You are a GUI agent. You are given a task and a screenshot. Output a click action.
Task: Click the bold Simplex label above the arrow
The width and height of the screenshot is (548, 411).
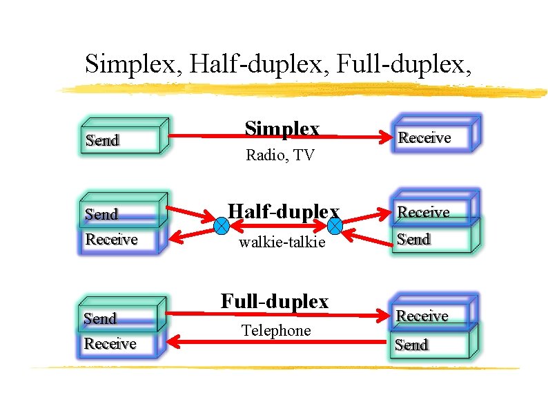point(282,129)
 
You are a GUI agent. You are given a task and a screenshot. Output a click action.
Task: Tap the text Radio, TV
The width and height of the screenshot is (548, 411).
point(280,155)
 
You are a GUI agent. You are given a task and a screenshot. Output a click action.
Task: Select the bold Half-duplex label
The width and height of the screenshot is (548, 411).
point(284,211)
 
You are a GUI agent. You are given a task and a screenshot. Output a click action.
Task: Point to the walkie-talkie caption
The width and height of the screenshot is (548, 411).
point(281,242)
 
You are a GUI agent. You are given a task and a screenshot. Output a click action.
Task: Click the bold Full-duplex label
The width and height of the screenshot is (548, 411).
point(275,301)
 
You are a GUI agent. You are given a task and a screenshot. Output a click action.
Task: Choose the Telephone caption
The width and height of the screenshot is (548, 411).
point(276,331)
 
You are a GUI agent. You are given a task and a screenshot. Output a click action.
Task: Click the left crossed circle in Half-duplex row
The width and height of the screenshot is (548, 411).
point(222,225)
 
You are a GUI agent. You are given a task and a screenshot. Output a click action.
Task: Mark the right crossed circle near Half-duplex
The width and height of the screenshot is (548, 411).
point(335,225)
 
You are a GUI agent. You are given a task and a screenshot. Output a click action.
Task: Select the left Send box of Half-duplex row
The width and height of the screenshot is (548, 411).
point(121,213)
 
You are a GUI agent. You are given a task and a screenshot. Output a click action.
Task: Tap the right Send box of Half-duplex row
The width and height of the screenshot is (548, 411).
point(431,239)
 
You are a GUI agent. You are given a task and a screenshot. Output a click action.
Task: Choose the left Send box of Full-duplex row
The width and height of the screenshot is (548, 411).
point(119,317)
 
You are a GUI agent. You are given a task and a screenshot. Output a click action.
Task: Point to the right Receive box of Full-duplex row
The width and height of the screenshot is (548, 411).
point(432,315)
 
